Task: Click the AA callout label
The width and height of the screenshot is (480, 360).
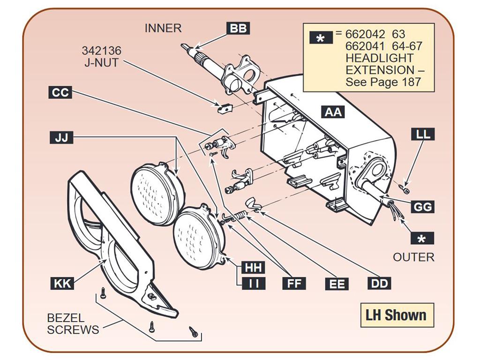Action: (x=333, y=112)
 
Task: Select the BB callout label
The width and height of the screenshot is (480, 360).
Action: (x=238, y=28)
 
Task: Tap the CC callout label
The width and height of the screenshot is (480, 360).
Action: (x=60, y=92)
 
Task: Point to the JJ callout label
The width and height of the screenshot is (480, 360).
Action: (x=61, y=137)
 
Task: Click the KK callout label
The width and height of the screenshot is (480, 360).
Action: (x=62, y=283)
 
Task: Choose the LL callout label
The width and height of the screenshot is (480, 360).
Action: (x=423, y=135)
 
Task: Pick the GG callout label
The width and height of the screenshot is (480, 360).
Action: (x=422, y=207)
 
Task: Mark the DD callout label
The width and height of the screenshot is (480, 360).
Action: (x=379, y=283)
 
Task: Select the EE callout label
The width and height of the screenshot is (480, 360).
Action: (x=337, y=284)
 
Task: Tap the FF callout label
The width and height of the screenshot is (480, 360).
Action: (x=294, y=283)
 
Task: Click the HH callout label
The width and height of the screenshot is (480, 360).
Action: (x=254, y=267)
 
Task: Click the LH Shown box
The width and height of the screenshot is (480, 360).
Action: (x=397, y=315)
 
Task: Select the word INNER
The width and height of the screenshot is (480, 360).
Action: (x=163, y=28)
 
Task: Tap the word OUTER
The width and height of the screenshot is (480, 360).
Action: (x=413, y=257)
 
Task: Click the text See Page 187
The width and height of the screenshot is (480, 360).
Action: (x=383, y=82)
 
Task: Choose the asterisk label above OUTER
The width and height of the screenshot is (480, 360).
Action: (x=422, y=238)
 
